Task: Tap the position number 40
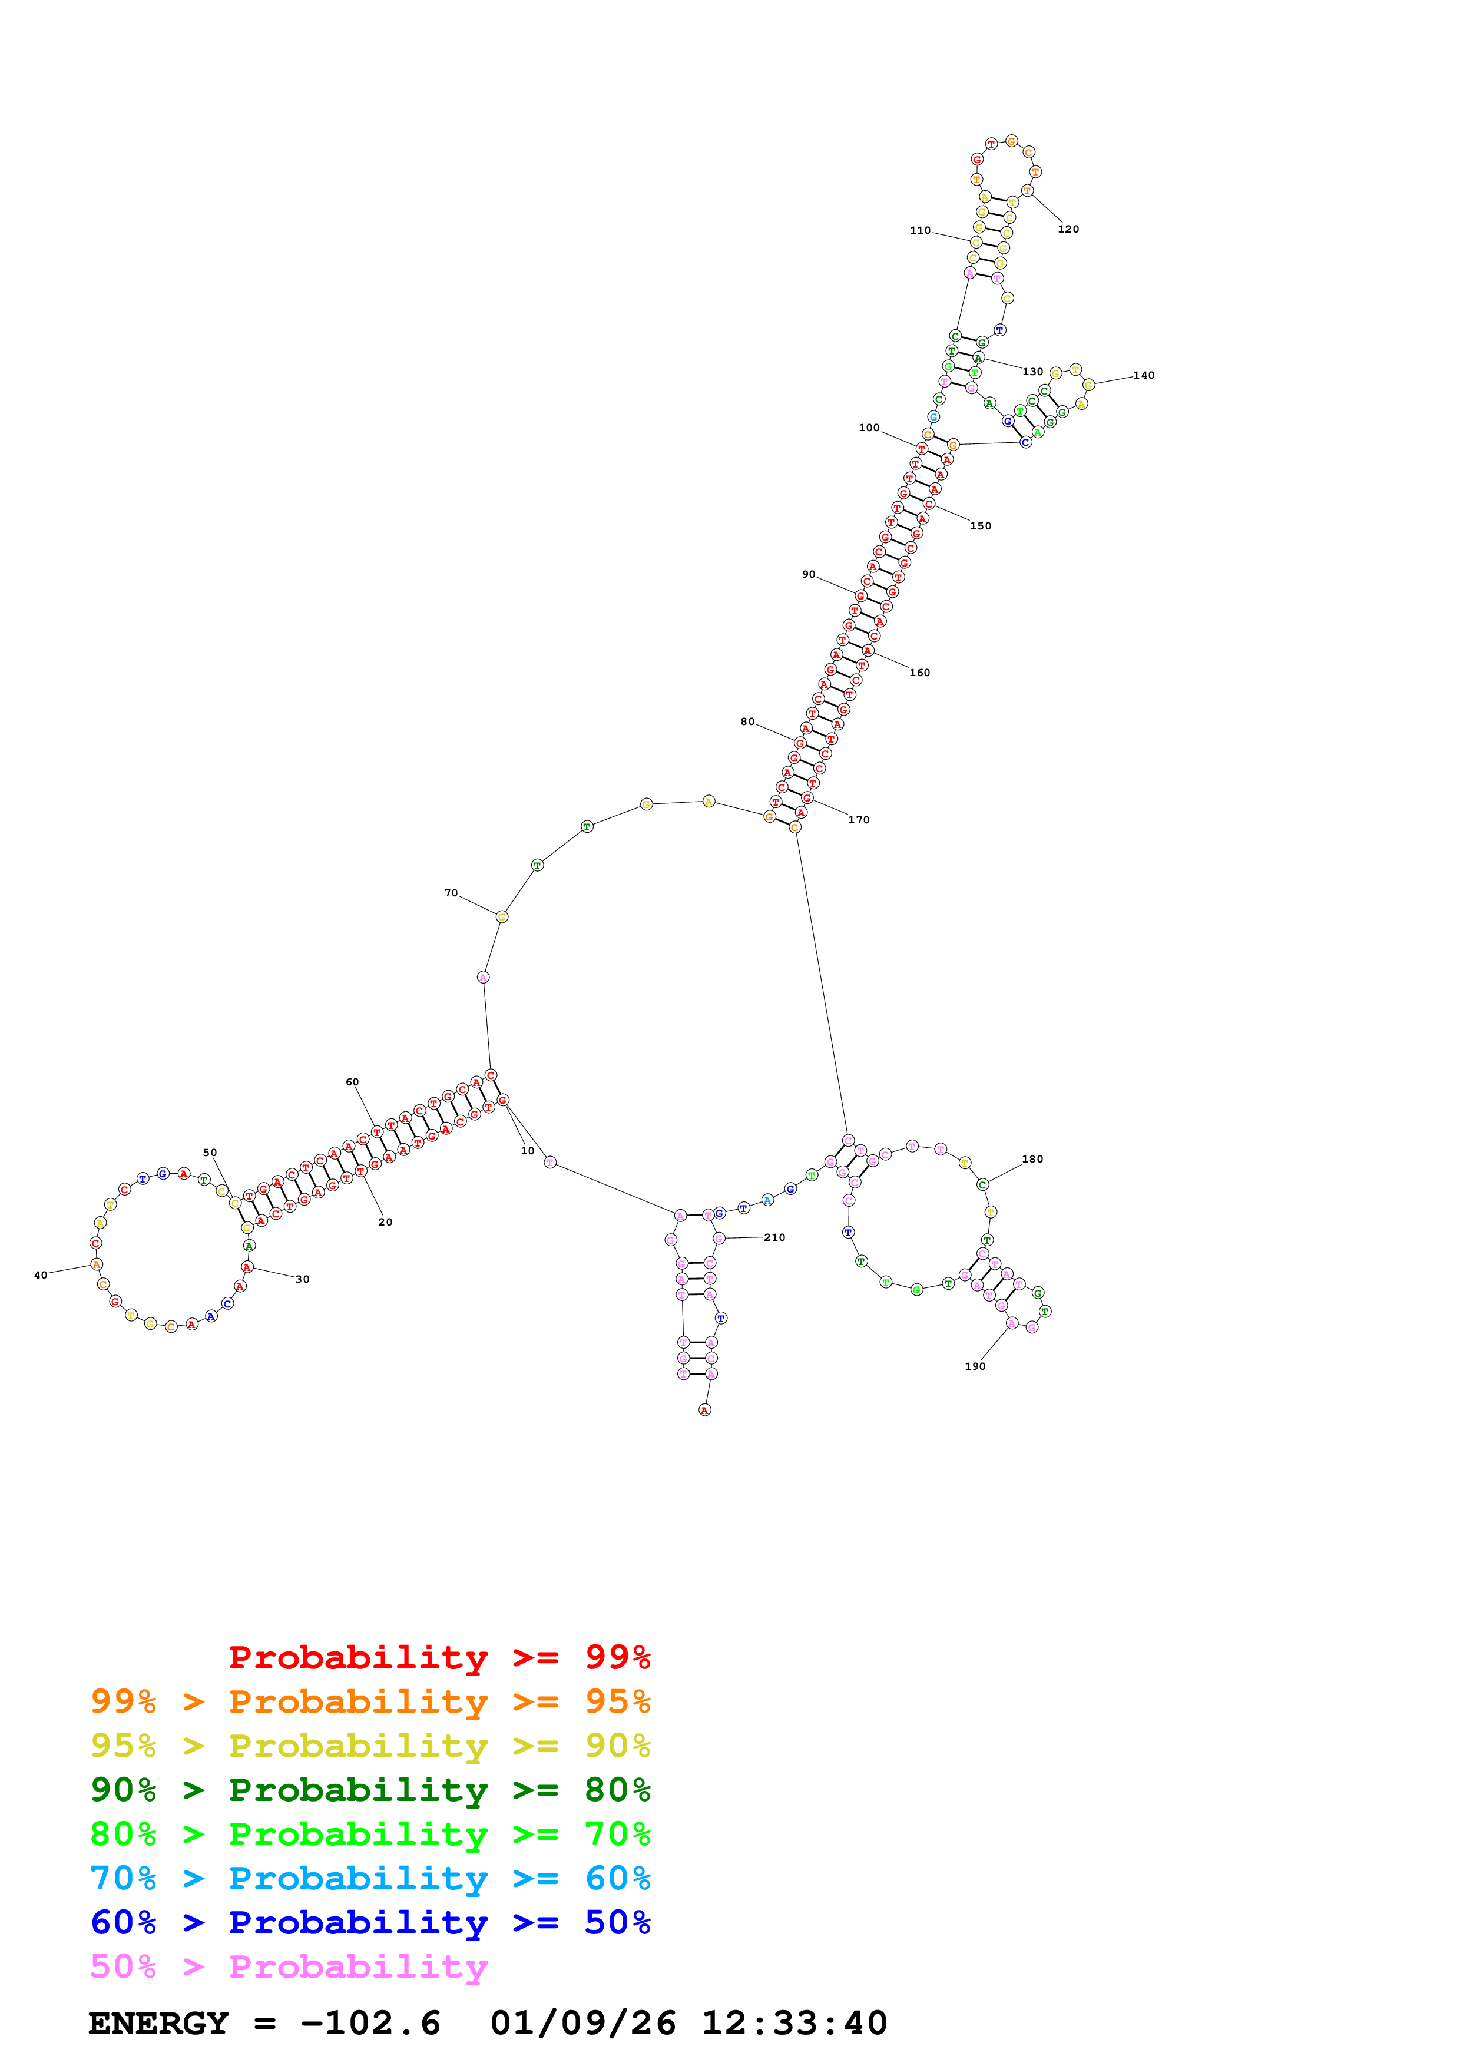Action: click(x=41, y=1275)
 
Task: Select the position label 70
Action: click(x=451, y=893)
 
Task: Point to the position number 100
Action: click(x=868, y=428)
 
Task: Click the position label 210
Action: click(x=774, y=1237)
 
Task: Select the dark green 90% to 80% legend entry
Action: click(x=370, y=1790)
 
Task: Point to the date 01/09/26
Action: click(x=583, y=2023)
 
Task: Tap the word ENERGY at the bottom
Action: click(x=158, y=2023)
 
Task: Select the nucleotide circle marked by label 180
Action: click(x=982, y=1184)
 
